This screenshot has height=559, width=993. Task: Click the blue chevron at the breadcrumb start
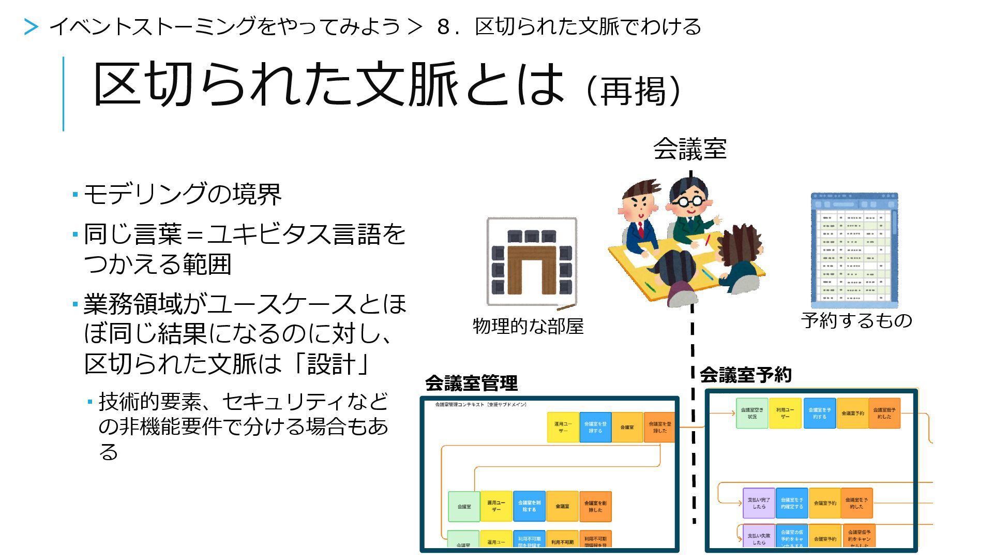point(31,27)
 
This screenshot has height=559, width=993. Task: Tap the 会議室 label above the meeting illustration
point(689,149)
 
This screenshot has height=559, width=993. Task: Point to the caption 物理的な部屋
point(528,326)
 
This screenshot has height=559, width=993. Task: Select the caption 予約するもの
point(856,320)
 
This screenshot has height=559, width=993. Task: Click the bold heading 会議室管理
point(471,384)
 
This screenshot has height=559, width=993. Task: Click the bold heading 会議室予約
point(745,375)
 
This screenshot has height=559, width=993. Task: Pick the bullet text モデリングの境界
point(183,195)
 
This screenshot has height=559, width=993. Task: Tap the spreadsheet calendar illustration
point(854,251)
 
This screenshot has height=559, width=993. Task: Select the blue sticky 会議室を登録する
point(595,427)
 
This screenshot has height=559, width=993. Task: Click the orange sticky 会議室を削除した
point(595,506)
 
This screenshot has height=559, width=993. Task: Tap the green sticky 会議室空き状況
point(752,413)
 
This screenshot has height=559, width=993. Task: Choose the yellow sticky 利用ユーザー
point(785,413)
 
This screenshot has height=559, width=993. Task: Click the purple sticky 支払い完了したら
point(759,503)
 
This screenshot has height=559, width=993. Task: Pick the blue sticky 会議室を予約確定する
point(791,503)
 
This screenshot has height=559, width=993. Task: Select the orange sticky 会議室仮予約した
point(884,413)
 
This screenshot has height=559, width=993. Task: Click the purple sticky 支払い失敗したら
point(759,537)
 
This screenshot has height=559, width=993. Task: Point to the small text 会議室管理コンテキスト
point(480,405)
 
